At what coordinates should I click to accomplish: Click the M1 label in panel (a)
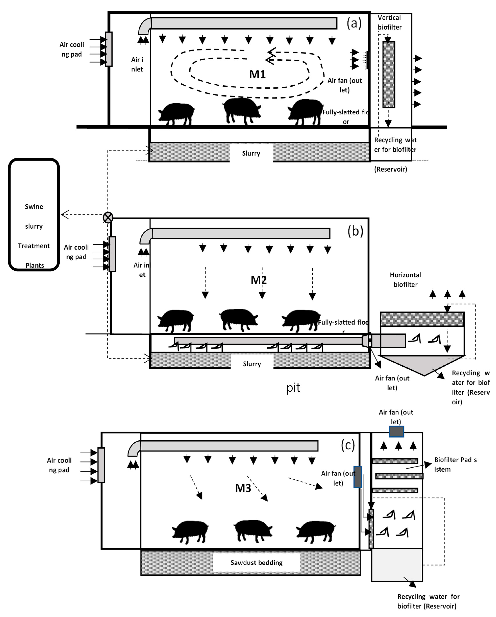[257, 74]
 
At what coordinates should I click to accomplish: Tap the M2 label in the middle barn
[259, 280]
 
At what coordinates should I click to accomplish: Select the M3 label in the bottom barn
[243, 488]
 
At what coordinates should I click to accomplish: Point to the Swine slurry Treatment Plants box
[34, 215]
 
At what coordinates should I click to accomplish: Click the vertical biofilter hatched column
[389, 74]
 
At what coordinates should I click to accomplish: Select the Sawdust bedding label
[256, 563]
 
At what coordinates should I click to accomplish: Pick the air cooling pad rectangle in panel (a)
[109, 49]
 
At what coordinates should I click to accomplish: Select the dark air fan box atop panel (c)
[396, 431]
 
